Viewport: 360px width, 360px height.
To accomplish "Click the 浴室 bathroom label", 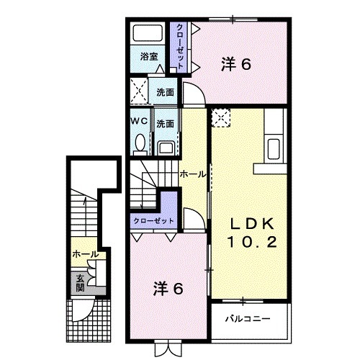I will pyautogui.click(x=148, y=55).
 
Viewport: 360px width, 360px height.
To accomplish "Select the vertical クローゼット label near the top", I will pyautogui.click(x=180, y=45).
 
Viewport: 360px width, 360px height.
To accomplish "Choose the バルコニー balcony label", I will pyautogui.click(x=246, y=316).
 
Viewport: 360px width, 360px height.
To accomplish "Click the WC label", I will pyautogui.click(x=139, y=123).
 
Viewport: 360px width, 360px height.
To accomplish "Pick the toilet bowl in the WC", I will pyautogui.click(x=139, y=145).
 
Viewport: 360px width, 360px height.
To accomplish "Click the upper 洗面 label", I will pyautogui.click(x=166, y=91).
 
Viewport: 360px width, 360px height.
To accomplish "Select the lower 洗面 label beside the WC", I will pyautogui.click(x=166, y=123).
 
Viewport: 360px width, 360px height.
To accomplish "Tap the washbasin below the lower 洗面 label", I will pyautogui.click(x=166, y=147).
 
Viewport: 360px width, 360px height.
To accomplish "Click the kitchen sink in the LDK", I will pyautogui.click(x=274, y=149).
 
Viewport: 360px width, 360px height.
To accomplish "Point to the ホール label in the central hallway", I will pyautogui.click(x=192, y=174).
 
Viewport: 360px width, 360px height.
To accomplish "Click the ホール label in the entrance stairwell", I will pyautogui.click(x=85, y=254).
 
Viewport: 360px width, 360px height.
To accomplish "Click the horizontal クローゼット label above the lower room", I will pyautogui.click(x=152, y=221).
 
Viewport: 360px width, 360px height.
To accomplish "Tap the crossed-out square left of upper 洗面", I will pyautogui.click(x=140, y=93).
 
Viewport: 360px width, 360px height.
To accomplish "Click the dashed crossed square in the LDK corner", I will pyautogui.click(x=220, y=117).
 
